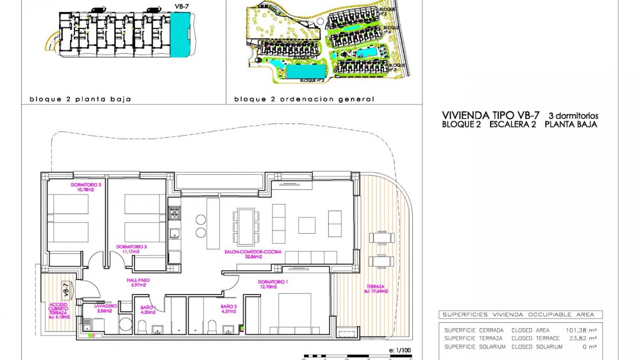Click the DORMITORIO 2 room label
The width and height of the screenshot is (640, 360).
tap(86, 187)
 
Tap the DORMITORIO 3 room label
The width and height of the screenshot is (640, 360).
tap(131, 249)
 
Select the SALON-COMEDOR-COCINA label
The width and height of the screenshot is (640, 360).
tap(253, 254)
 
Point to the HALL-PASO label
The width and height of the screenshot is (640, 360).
tap(138, 282)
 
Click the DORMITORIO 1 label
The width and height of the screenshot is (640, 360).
tap(273, 284)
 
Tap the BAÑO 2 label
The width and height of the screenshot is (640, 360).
tap(229, 309)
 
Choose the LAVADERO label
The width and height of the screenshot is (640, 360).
tap(105, 308)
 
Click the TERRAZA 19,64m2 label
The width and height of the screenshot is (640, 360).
tap(376, 289)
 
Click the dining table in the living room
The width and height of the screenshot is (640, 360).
tap(246, 226)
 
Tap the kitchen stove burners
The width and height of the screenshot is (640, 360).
tap(174, 213)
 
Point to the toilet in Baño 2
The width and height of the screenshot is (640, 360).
tap(212, 327)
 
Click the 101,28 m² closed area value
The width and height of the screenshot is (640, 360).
tap(581, 330)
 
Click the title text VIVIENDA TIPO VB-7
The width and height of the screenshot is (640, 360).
tap(490, 115)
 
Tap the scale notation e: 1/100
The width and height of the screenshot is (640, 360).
tap(400, 350)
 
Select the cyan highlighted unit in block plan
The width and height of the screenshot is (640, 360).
tap(180, 34)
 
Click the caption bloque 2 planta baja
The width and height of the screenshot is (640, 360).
tap(80, 99)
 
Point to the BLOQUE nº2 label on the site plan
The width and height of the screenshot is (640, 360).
tap(312, 80)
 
